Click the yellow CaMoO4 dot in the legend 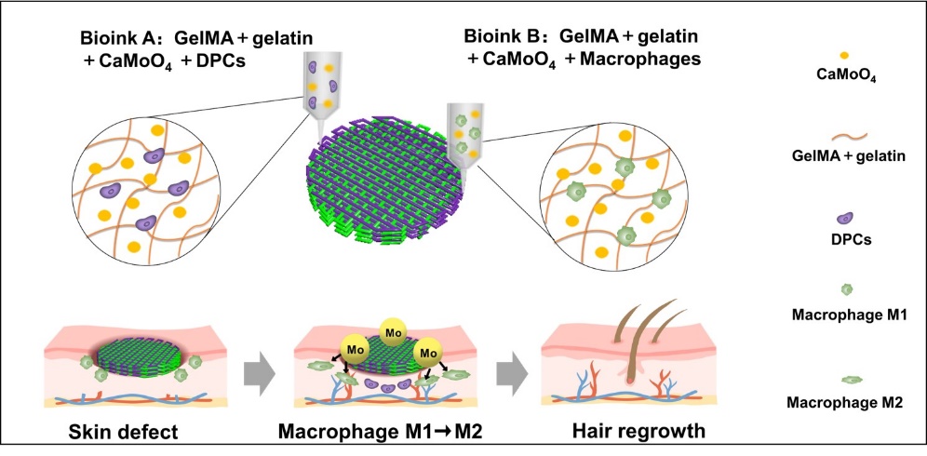(x=842, y=56)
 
